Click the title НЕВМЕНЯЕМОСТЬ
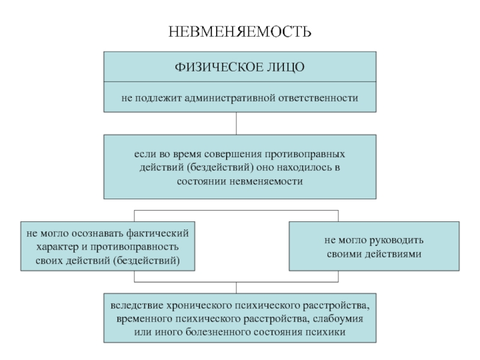point(239,32)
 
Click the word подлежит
point(158,98)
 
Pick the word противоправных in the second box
point(305,154)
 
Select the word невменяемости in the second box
point(266,181)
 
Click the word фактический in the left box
point(157,233)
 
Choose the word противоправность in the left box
point(134,247)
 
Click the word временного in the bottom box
point(145,319)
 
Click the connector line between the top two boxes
point(236,124)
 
